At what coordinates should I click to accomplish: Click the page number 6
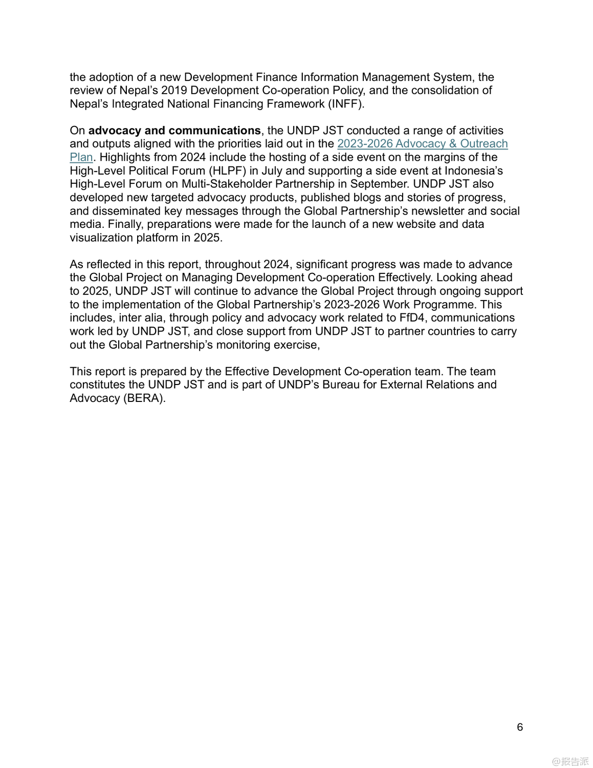point(520,727)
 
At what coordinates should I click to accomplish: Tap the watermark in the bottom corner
point(570,761)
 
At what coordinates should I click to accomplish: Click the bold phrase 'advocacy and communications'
point(174,131)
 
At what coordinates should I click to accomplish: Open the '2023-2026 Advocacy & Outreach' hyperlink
point(422,144)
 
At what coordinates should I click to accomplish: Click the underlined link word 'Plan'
point(81,157)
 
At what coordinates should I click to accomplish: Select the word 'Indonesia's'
point(473,170)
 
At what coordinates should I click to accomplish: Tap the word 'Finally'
point(123,224)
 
